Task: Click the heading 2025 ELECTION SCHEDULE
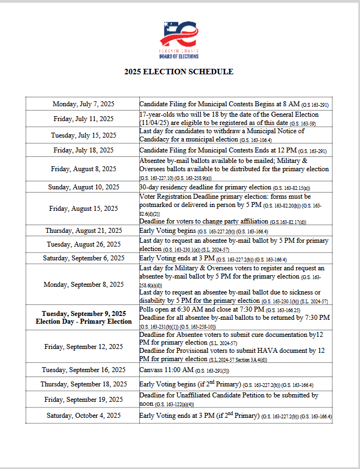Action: pos(178,72)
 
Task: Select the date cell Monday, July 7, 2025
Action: pos(83,104)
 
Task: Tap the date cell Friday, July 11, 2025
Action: pos(83,118)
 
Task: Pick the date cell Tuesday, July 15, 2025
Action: pos(83,135)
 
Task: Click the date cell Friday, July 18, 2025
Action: pos(83,150)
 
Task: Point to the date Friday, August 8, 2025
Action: pos(83,169)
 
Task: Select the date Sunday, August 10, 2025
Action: pos(83,187)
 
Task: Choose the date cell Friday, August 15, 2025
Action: pos(83,209)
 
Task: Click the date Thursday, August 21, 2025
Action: pos(83,231)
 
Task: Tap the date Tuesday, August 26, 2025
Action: pos(83,244)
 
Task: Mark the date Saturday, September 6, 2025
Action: pos(83,258)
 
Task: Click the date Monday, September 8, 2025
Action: pos(83,284)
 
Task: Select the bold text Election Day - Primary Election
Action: pos(84,321)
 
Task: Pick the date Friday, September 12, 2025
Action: pos(83,347)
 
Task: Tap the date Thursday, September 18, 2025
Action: pos(83,384)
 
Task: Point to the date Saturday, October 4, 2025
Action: pos(83,416)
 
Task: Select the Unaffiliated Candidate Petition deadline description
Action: pos(228,400)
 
